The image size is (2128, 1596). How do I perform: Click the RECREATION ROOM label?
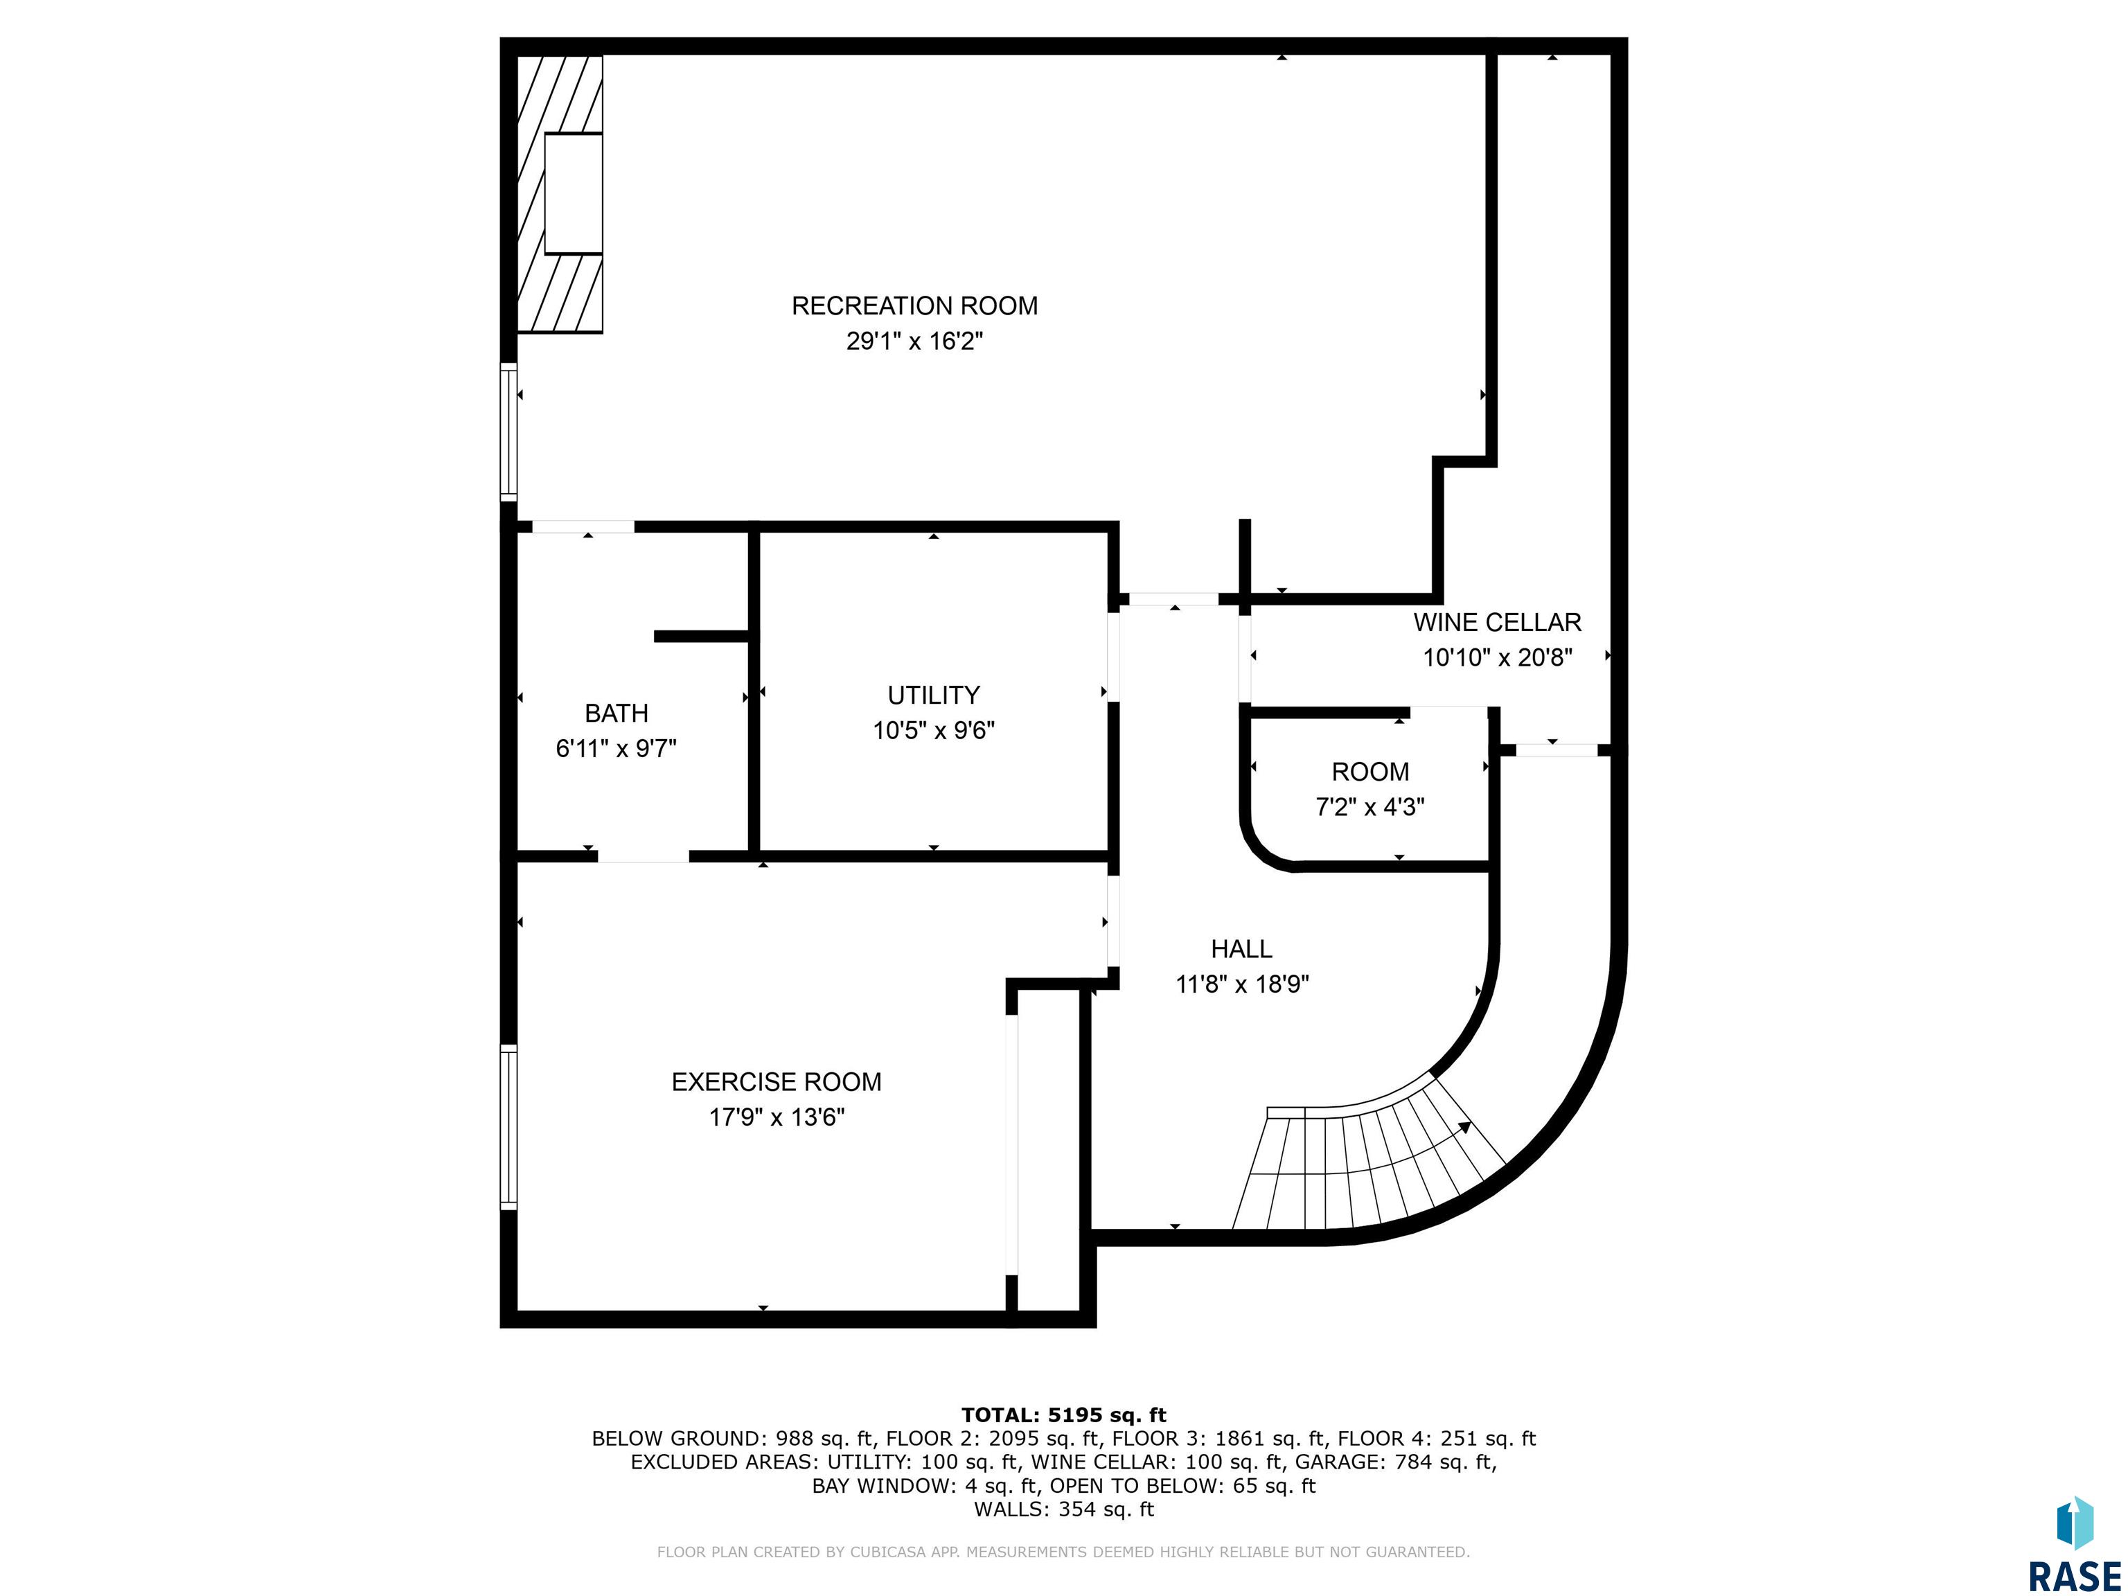[914, 306]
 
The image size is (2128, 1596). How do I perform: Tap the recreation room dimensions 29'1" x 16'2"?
[914, 342]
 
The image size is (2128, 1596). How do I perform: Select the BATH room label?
[617, 713]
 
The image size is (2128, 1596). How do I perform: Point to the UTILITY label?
[933, 695]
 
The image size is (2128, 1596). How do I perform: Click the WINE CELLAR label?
[1497, 623]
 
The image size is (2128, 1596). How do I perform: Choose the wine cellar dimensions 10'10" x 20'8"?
[1497, 657]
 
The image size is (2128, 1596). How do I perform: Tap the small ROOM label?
[1370, 772]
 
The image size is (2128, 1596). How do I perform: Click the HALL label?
[1241, 948]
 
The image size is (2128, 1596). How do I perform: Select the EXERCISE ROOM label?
[777, 1082]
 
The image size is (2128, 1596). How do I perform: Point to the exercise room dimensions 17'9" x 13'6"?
[777, 1117]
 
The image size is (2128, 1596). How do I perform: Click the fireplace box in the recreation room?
[574, 193]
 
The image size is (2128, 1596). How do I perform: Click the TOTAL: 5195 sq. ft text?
[1064, 1415]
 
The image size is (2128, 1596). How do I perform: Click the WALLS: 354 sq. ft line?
[1064, 1509]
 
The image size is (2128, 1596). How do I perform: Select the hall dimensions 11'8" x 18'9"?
[1242, 984]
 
